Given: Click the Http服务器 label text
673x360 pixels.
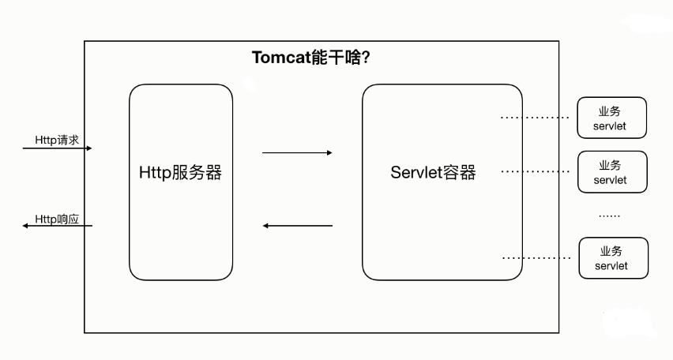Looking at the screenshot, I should pyautogui.click(x=181, y=172).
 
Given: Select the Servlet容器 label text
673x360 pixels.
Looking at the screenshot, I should pyautogui.click(x=433, y=172).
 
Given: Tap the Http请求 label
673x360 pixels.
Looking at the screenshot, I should pyautogui.click(x=56, y=140).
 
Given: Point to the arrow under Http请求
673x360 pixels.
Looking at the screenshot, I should pyautogui.click(x=58, y=148).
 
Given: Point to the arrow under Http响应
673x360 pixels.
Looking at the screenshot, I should pyautogui.click(x=58, y=227).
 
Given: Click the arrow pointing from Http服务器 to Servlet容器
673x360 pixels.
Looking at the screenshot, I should pyautogui.click(x=297, y=152).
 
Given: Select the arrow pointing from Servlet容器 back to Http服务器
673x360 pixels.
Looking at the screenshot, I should pyautogui.click(x=297, y=226).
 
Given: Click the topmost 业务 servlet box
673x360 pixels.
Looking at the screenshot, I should pyautogui.click(x=612, y=117).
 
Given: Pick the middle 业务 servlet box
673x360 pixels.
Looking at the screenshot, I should pyautogui.click(x=612, y=171).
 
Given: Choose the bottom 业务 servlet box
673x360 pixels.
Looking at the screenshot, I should pyautogui.click(x=612, y=257).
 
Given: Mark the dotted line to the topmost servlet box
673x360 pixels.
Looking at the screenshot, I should pyautogui.click(x=535, y=118).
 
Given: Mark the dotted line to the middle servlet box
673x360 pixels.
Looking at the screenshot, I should pyautogui.click(x=535, y=171).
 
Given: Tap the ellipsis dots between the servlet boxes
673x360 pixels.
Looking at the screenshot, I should pyautogui.click(x=609, y=216).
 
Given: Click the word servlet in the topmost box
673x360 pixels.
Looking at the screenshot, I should pyautogui.click(x=612, y=126).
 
